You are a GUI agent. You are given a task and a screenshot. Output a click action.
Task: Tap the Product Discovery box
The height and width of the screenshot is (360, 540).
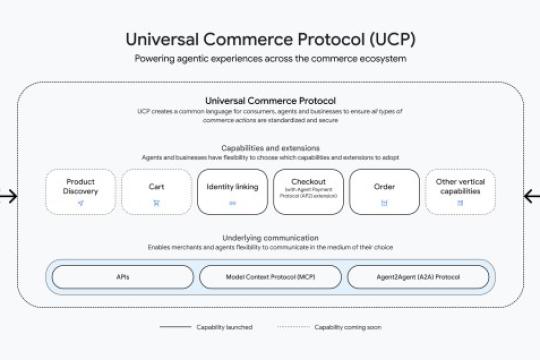[80, 191]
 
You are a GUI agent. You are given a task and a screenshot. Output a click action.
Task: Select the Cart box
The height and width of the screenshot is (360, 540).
[156, 191]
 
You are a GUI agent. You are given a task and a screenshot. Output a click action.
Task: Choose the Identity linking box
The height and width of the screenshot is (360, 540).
[232, 191]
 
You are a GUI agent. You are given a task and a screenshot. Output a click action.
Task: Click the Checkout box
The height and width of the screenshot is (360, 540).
[308, 191]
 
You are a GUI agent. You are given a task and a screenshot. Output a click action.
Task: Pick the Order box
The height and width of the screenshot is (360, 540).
[384, 191]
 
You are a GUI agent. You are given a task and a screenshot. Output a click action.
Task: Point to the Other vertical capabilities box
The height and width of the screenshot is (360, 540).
[460, 191]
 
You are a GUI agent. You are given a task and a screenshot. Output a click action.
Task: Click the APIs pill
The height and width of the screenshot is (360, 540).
[122, 276]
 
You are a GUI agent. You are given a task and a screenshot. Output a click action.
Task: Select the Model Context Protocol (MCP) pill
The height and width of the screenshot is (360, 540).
[269, 276]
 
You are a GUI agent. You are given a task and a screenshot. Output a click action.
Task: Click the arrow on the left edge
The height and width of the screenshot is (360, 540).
[8, 196]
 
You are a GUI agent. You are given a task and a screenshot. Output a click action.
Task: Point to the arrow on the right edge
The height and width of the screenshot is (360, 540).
[531, 196]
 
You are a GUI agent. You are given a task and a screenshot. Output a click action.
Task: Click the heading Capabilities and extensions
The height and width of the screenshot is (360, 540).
[270, 149]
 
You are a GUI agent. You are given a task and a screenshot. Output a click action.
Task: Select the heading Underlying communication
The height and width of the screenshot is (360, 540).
[270, 237]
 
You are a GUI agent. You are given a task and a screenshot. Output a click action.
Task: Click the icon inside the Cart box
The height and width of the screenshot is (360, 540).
[156, 203]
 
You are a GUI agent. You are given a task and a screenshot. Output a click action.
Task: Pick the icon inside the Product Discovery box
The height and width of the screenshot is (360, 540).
[80, 203]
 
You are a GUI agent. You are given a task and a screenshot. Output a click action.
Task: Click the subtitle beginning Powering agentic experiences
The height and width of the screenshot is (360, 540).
[270, 59]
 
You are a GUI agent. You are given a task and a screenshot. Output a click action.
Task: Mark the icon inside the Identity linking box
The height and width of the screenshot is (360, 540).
[232, 203]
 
